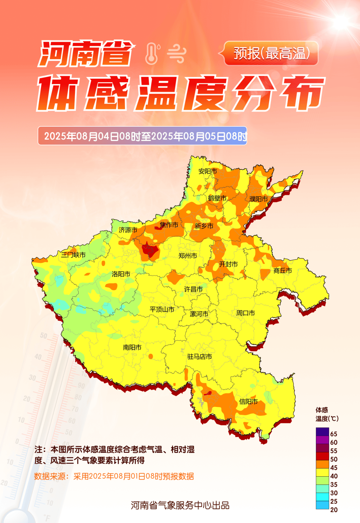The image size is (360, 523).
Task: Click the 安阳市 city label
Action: point(208,171)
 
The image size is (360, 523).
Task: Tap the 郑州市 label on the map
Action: point(188,256)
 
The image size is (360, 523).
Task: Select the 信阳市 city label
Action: point(248,402)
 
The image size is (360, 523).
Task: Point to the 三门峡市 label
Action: point(73,255)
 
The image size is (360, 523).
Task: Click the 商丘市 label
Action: point(283,271)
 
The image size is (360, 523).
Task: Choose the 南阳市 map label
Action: point(132,347)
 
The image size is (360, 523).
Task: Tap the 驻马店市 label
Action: point(200,357)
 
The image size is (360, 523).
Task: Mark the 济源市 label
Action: point(128,230)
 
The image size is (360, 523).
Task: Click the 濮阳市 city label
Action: point(259,199)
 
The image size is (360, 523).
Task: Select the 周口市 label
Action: point(246,313)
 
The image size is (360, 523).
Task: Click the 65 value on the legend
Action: point(334,434)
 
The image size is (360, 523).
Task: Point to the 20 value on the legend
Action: point(334,510)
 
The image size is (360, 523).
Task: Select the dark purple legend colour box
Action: point(322,432)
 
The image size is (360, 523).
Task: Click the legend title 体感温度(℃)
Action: point(326,414)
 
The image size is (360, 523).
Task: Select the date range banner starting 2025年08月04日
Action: point(142,136)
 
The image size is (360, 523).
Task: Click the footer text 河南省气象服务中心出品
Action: point(180,505)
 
